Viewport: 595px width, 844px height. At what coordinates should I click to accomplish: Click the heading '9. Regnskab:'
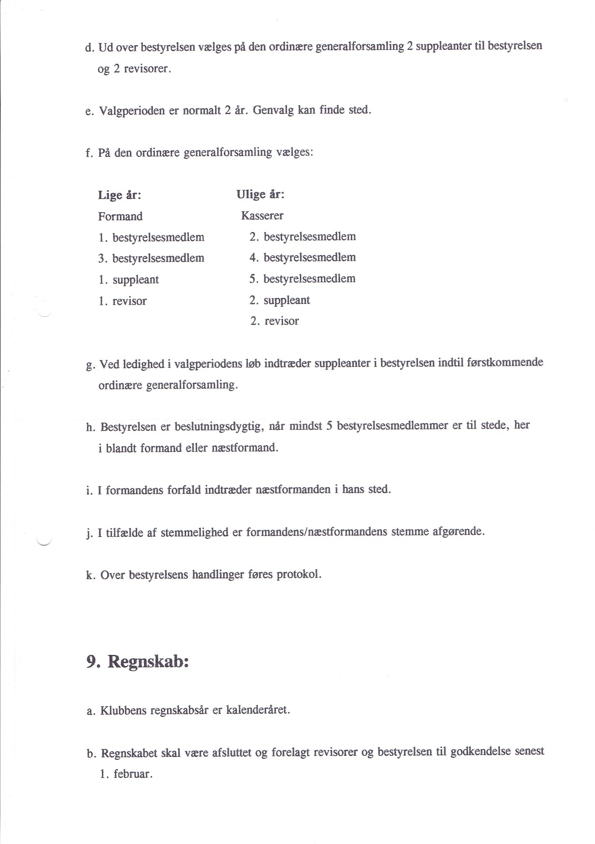coord(138,662)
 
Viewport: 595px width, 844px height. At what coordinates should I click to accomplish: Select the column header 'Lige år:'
coord(119,195)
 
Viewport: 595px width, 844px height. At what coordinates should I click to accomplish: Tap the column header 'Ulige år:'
coord(260,195)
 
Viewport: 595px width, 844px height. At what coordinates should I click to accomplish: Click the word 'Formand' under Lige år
coord(120,217)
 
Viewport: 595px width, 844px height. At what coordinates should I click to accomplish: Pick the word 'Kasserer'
coord(262,216)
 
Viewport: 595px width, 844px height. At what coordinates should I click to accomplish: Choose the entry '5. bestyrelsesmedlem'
coord(302,279)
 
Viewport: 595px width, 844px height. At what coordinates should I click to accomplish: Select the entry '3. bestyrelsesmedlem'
coord(151,258)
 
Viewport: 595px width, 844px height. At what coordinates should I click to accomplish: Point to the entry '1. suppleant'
coord(128,280)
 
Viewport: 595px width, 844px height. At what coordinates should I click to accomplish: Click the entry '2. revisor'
coord(274,321)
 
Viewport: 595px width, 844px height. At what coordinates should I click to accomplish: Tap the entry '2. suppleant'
coord(280,300)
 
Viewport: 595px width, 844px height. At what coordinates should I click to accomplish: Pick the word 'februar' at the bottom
coord(132,774)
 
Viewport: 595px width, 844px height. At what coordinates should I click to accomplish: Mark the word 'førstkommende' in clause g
coord(506,363)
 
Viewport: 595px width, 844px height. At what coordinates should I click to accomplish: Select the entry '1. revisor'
coord(122,301)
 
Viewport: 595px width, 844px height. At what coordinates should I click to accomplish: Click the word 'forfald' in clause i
coord(184,490)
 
